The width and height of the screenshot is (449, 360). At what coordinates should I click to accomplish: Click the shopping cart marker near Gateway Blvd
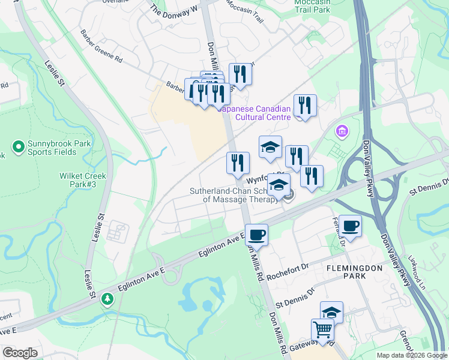coord(322,329)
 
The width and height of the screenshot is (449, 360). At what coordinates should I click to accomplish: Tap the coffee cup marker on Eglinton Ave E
coord(257,235)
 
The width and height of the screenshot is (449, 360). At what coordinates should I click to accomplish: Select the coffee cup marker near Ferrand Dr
coord(351,226)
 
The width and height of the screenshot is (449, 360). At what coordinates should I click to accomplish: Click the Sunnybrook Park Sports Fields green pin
coord(18,146)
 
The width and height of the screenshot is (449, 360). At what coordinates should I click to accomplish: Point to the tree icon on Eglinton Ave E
coord(107,298)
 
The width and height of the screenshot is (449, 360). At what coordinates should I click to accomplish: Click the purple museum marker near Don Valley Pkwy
coord(342,130)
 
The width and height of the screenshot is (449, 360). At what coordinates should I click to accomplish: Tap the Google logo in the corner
coord(19,353)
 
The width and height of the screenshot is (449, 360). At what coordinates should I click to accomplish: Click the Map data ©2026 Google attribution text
coord(411,355)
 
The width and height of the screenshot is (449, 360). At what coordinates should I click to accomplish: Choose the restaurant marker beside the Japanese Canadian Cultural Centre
coord(305,106)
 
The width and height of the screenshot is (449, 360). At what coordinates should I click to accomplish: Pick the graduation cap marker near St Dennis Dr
coord(331,311)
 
